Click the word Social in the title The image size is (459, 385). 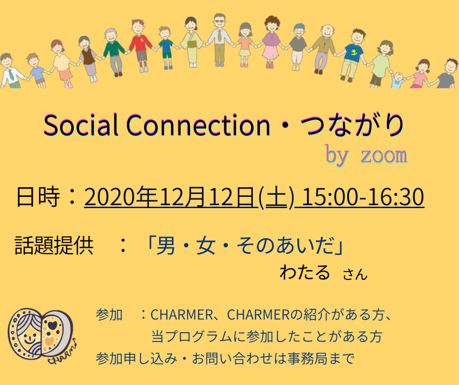pos(81,125)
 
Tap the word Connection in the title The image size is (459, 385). pos(198,125)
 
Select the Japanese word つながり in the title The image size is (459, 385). pos(352,125)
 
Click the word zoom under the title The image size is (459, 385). pos(384,155)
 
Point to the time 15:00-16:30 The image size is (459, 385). pos(363,196)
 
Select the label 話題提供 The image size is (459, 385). pos(54,245)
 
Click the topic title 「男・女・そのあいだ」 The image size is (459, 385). pos(245,245)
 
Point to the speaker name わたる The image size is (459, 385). pos(305,272)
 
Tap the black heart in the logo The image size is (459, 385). pos(52,324)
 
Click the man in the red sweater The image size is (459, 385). pos(141,45)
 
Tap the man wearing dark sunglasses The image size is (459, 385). pos(219,40)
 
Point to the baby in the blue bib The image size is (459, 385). pos(398,80)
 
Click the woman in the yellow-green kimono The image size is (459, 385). pos(191,42)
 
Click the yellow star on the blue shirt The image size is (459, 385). pos(354,52)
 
